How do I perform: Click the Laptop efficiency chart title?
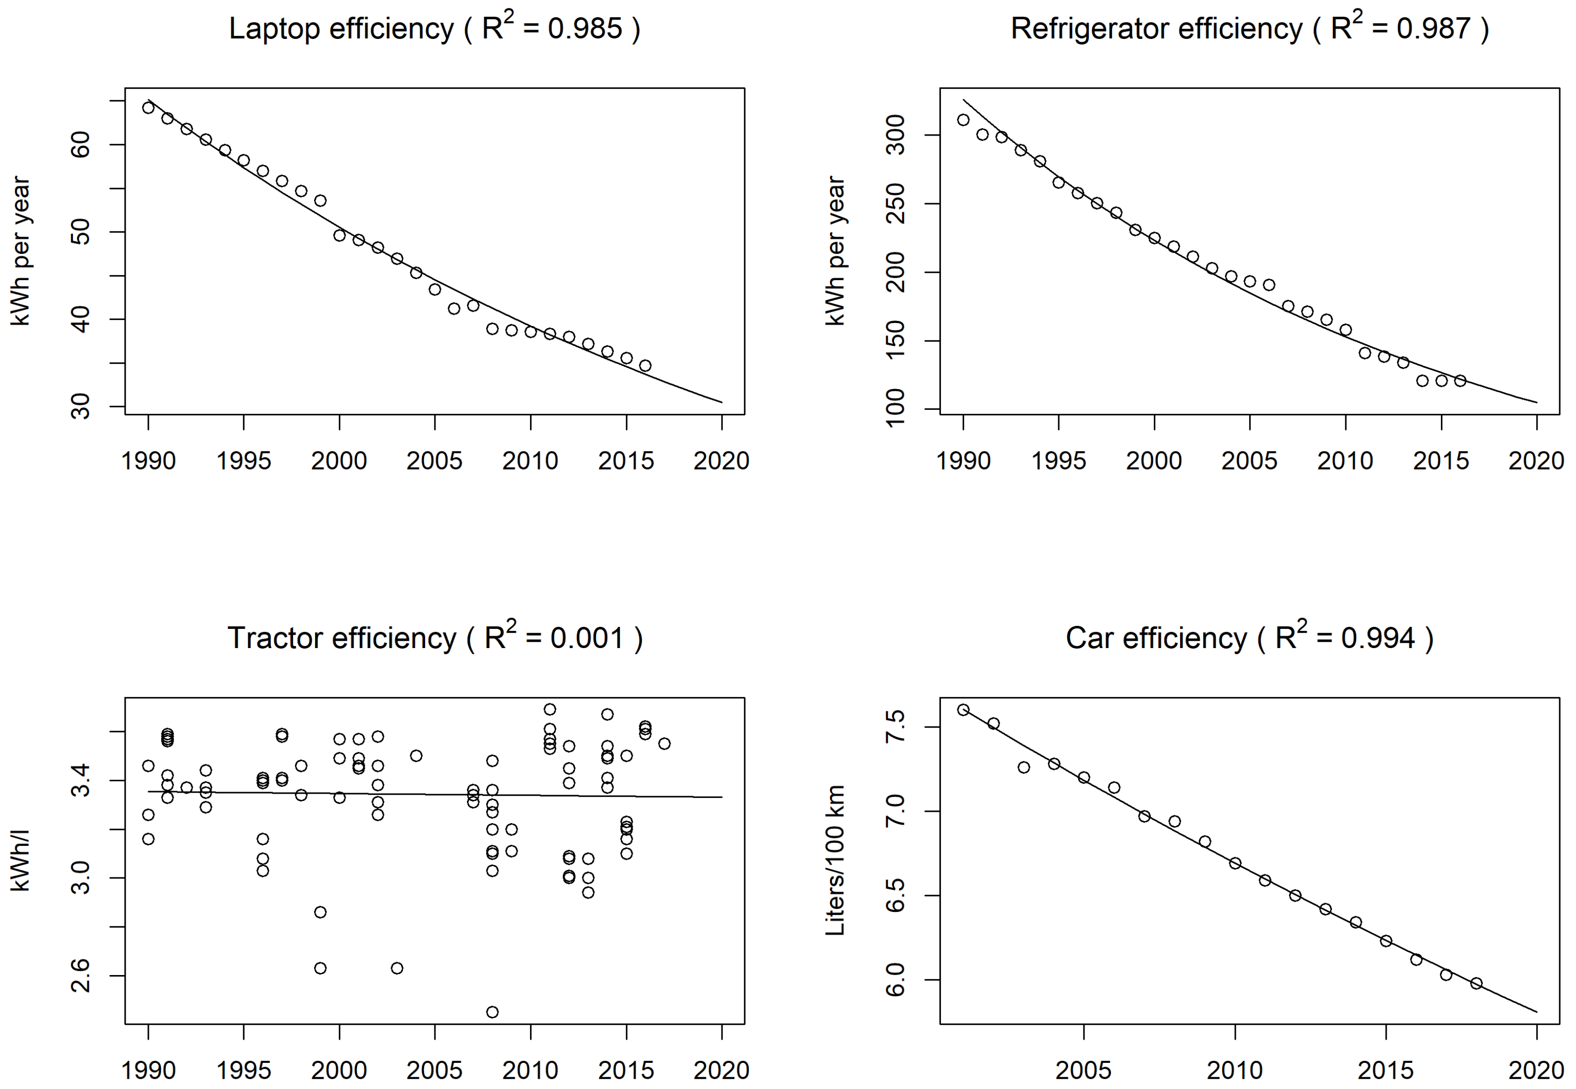[434, 29]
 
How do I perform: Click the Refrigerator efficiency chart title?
[1249, 29]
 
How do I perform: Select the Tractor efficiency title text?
[434, 639]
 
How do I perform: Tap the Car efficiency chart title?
[1249, 639]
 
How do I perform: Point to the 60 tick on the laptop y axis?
[80, 145]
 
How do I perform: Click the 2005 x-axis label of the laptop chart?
[434, 461]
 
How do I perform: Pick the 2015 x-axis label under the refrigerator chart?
[1440, 461]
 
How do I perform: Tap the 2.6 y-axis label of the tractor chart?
[80, 976]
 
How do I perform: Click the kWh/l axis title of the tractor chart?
[21, 861]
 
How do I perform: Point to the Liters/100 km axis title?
[835, 861]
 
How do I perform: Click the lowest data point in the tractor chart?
[492, 1012]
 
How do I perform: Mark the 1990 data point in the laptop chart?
[148, 107]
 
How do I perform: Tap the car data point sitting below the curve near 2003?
[1023, 767]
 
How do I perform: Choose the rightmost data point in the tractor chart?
[664, 744]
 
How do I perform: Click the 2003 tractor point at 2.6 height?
[396, 968]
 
